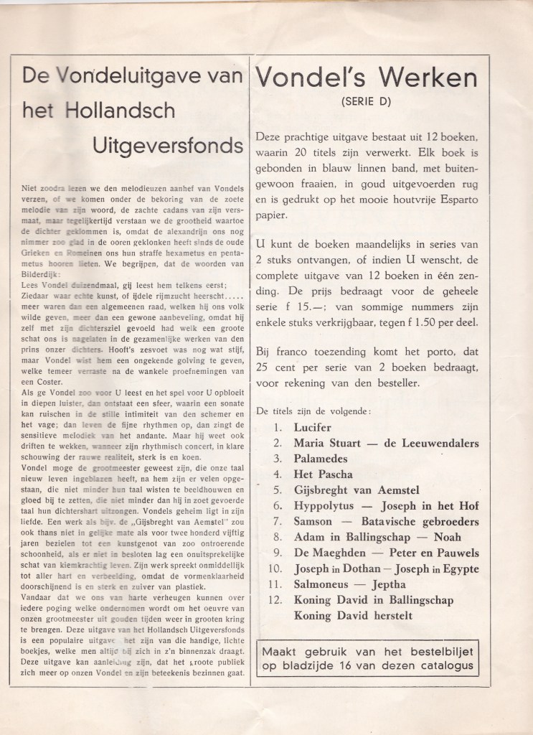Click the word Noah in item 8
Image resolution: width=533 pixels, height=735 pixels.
point(446,536)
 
